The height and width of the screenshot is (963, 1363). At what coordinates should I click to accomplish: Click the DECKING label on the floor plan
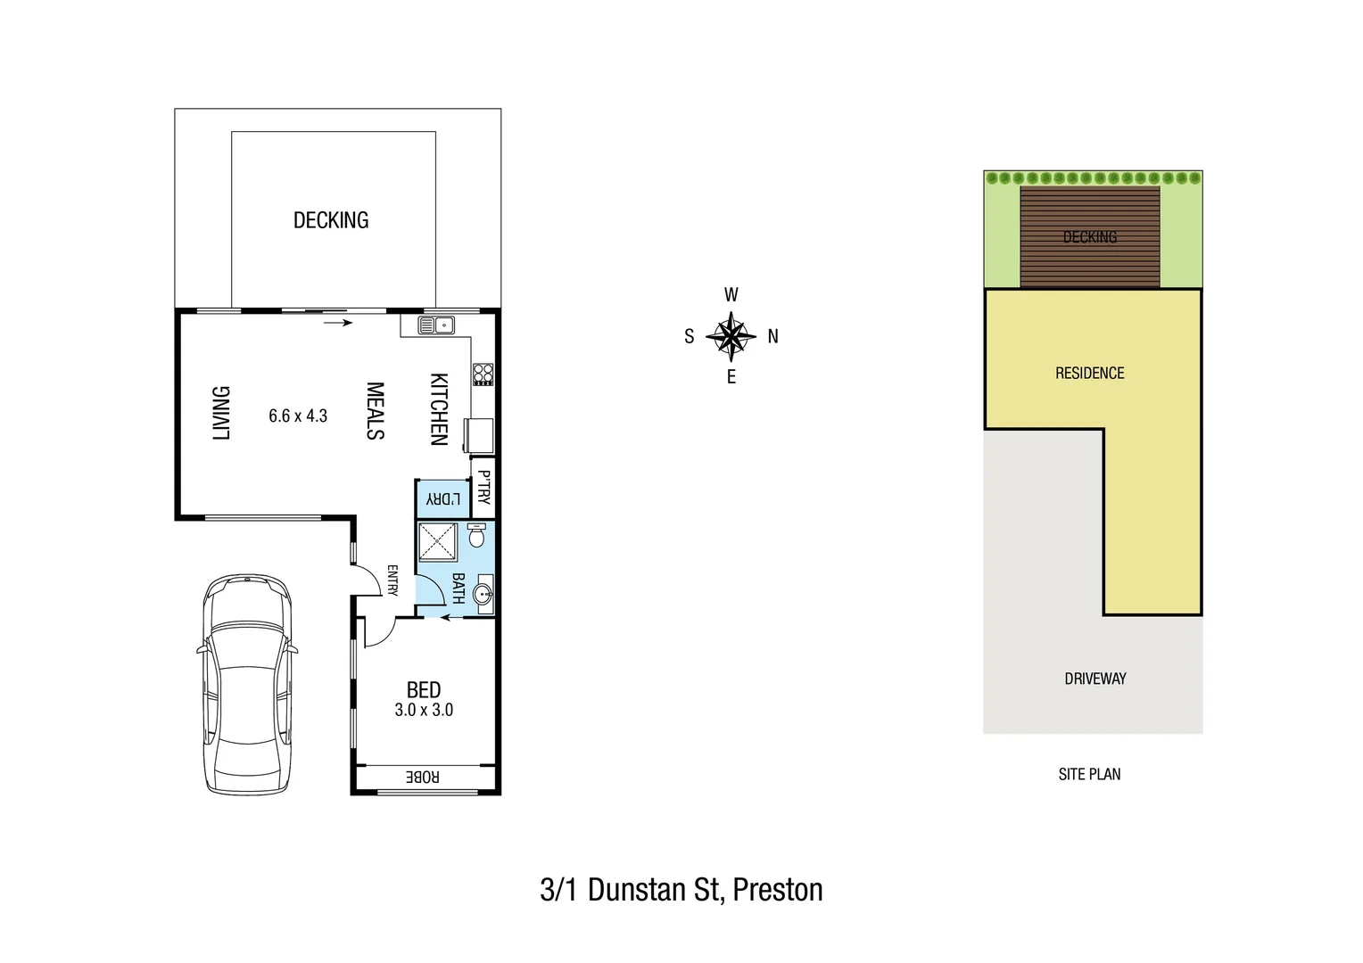pyautogui.click(x=331, y=220)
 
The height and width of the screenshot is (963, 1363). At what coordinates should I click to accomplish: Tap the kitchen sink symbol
pyautogui.click(x=436, y=325)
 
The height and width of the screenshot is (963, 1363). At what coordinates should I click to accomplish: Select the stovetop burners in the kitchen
pyautogui.click(x=483, y=374)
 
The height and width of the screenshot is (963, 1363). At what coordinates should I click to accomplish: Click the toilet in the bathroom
pyautogui.click(x=476, y=535)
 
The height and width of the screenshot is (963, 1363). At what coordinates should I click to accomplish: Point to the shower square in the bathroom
pyautogui.click(x=438, y=542)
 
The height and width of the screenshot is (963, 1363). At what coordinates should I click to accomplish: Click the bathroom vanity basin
pyautogui.click(x=483, y=595)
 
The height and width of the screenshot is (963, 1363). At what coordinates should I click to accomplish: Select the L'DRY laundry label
pyautogui.click(x=443, y=499)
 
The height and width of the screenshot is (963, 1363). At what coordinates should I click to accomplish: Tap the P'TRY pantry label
pyautogui.click(x=483, y=488)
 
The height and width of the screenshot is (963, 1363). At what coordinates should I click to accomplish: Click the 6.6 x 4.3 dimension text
pyautogui.click(x=298, y=416)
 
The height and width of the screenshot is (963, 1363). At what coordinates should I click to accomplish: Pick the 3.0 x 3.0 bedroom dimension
pyautogui.click(x=424, y=710)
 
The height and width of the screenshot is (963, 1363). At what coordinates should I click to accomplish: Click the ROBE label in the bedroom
pyautogui.click(x=423, y=778)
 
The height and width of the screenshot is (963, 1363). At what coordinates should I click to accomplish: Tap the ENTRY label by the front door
pyautogui.click(x=392, y=580)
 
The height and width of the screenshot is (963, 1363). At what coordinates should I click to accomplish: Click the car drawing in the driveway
pyautogui.click(x=246, y=684)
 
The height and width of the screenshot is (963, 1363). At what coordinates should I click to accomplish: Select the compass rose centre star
pyautogui.click(x=731, y=336)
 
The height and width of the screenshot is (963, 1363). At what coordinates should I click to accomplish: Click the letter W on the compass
pyautogui.click(x=731, y=295)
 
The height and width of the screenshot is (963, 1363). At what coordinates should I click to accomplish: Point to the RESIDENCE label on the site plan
pyautogui.click(x=1089, y=374)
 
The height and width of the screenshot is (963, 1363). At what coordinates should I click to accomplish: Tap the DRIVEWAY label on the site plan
pyautogui.click(x=1095, y=679)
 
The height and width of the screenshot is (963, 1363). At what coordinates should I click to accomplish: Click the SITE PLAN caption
pyautogui.click(x=1089, y=775)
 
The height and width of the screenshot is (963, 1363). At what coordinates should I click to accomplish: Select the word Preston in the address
pyautogui.click(x=777, y=890)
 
